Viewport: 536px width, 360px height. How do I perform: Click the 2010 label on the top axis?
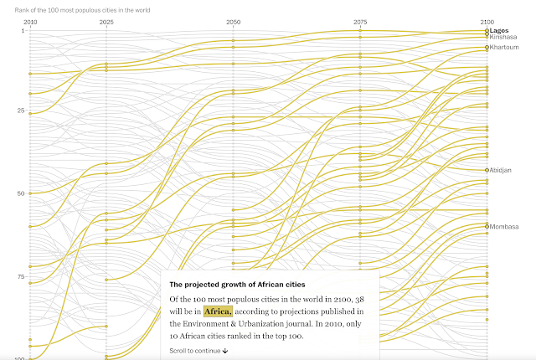30,20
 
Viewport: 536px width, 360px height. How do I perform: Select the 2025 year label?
106,20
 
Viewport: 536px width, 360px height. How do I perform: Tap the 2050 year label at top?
233,20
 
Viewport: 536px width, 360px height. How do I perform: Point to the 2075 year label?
359,20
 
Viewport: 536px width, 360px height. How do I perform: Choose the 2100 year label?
486,20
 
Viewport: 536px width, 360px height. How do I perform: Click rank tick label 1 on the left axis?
23,30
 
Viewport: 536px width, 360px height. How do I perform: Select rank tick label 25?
21,111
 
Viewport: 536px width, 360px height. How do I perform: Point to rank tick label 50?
21,193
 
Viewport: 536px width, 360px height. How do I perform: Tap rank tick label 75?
21,275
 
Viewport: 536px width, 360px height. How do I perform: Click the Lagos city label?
500,30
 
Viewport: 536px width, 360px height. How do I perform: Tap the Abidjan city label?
502,170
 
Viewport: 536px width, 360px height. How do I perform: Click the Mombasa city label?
504,226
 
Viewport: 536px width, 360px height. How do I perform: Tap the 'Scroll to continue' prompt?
198,350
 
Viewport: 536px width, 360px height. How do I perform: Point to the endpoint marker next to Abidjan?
487,170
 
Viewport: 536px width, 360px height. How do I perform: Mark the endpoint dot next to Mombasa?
487,226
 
